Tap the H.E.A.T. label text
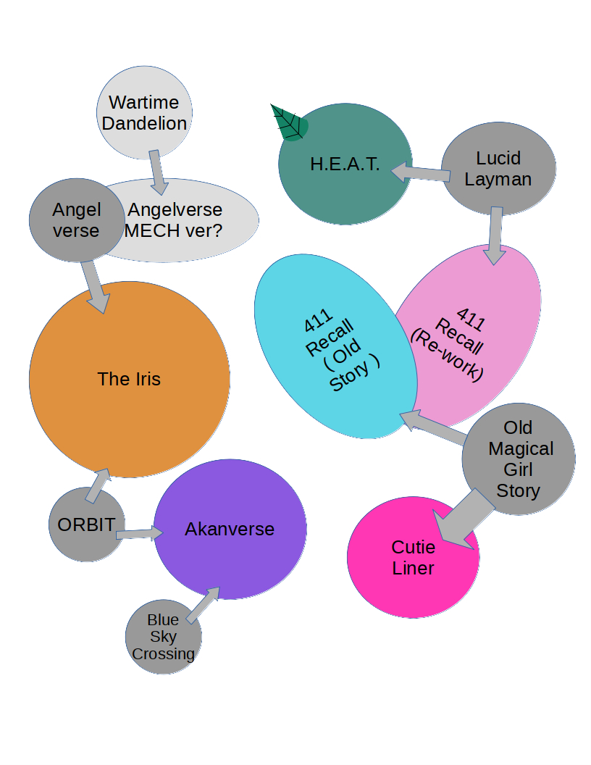345,164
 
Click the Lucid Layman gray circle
498,169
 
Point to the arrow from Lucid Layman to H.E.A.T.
420,173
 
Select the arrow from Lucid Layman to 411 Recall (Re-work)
495,235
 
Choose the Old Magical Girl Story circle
519,459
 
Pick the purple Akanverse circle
230,530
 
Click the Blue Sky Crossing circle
163,637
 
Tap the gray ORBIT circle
86,524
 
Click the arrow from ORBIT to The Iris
97,485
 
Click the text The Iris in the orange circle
129,379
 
